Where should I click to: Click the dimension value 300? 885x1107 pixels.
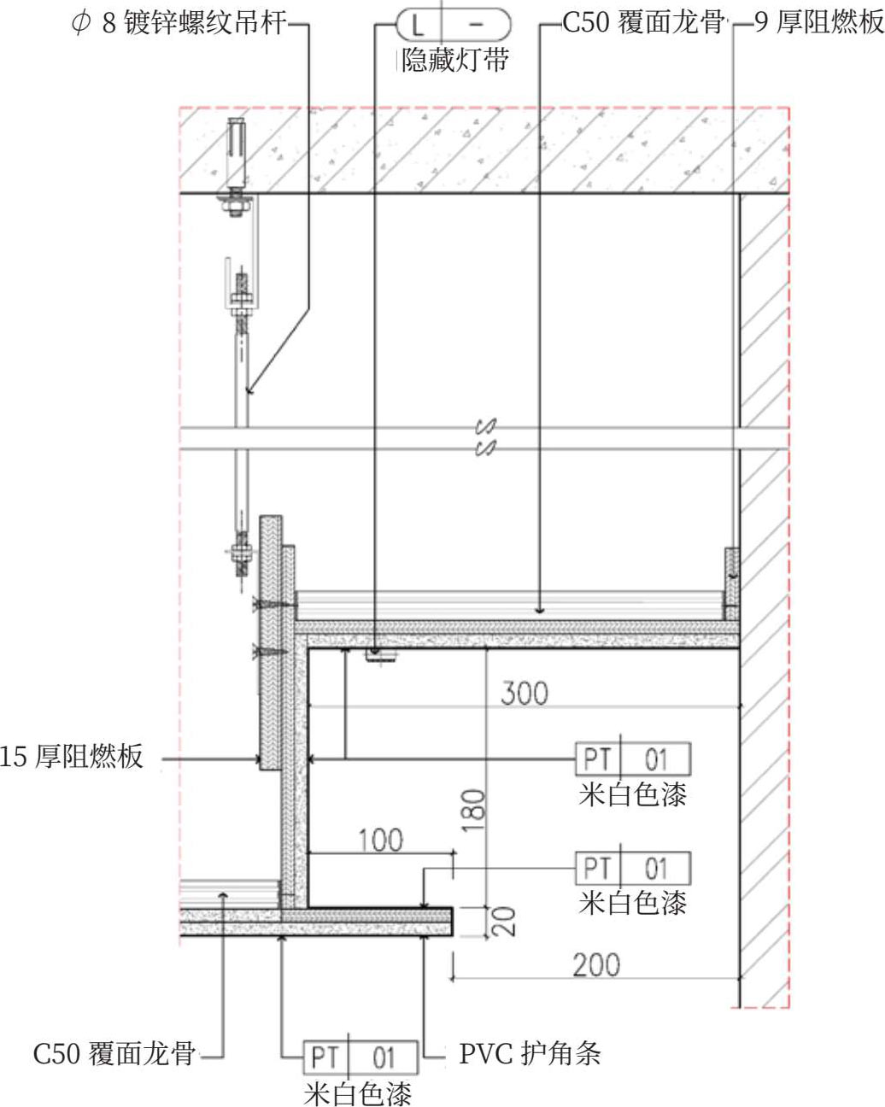pos(524,692)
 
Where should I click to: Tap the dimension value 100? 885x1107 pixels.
pos(380,840)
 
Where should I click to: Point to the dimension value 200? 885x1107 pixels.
pos(595,964)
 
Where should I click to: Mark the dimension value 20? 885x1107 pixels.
pos(503,921)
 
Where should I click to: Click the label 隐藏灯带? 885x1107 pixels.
pos(455,60)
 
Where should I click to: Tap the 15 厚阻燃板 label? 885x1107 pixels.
pos(72,757)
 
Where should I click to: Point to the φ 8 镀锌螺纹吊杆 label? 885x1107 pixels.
pos(179,23)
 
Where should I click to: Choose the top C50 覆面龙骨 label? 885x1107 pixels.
pos(644,23)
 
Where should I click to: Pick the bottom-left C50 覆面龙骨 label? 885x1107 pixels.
pos(114,1054)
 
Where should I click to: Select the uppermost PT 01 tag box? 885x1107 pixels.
pos(633,758)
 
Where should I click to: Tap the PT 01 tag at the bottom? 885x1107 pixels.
pos(361,1057)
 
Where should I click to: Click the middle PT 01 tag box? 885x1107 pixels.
pos(633,869)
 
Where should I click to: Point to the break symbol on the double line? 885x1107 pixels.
pos(486,436)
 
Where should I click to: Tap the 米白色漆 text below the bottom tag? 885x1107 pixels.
pos(358,1092)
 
